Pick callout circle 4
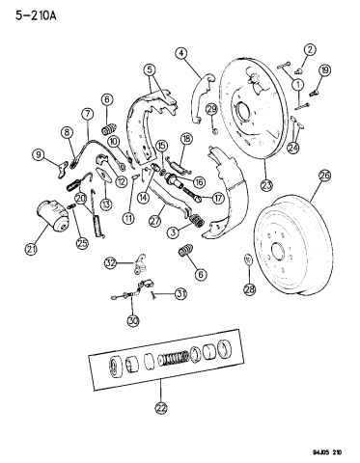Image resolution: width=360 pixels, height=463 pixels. (180, 53)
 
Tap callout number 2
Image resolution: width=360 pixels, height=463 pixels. (310, 49)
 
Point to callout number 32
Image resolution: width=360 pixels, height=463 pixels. (111, 262)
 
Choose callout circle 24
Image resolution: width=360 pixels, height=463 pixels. (292, 147)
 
